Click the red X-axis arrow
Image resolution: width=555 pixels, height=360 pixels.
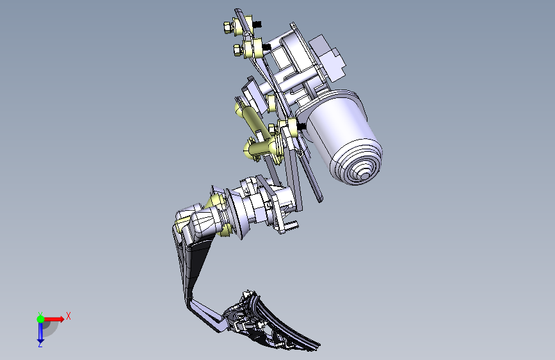pos(53,319)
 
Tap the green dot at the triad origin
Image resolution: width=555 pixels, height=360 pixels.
pos(41,319)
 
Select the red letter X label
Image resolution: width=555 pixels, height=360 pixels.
pos(68,316)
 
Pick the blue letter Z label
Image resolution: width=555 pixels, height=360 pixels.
pos(40,344)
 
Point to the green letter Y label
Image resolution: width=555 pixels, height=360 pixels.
pos(40,314)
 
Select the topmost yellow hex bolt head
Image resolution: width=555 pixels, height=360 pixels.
pos(228,28)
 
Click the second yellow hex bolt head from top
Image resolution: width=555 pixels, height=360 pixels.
pos(237,51)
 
